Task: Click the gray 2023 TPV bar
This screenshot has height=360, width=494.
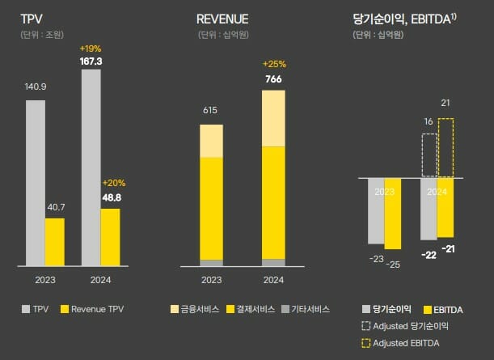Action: [x=35, y=183]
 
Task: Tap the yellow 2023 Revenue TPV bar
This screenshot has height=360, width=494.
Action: [x=54, y=242]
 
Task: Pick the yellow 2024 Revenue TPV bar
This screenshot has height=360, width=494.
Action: [x=110, y=237]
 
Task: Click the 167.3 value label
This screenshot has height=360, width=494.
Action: [x=91, y=61]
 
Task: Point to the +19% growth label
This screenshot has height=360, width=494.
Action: [x=91, y=49]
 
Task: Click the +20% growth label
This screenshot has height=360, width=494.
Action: [x=112, y=183]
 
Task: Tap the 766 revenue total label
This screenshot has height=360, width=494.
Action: [x=273, y=78]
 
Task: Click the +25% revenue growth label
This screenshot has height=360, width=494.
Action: [x=273, y=64]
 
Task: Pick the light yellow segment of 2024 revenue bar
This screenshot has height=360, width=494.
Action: [x=273, y=118]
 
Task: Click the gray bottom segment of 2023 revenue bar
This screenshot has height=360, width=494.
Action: [x=211, y=262]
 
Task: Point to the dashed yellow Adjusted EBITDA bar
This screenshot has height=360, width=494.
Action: [x=445, y=147]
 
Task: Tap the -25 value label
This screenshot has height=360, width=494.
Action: [x=394, y=265]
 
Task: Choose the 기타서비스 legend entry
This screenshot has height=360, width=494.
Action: [x=306, y=309]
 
